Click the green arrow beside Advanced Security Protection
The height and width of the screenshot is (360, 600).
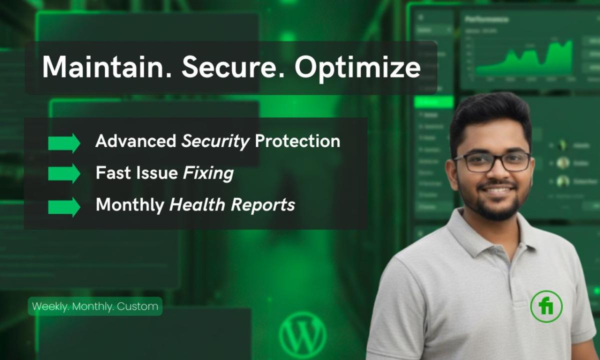tap(64, 142)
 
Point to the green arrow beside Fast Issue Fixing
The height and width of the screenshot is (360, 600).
tap(64, 173)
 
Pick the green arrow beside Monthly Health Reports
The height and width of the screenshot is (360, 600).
tap(64, 206)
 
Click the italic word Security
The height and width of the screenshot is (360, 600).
tap(215, 142)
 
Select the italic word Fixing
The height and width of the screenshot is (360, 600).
tap(208, 173)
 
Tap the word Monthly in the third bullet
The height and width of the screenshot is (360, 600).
tap(129, 205)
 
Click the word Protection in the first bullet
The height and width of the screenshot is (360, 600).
tap(297, 141)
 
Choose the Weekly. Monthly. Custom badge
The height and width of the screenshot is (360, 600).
tap(95, 306)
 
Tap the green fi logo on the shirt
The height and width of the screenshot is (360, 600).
tap(546, 306)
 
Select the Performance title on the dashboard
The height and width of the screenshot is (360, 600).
tap(486, 19)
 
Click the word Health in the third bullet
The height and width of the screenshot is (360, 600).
tap(191, 205)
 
